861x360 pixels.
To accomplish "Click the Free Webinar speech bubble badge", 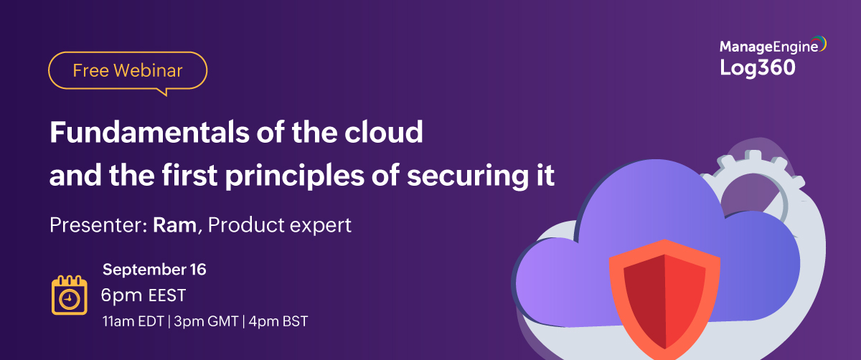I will [128, 70].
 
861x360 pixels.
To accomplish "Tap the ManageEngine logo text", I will [769, 47].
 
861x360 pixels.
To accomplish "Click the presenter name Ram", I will [174, 225].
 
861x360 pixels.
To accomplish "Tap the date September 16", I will [154, 270].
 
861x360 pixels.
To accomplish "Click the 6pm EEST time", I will [143, 295].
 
